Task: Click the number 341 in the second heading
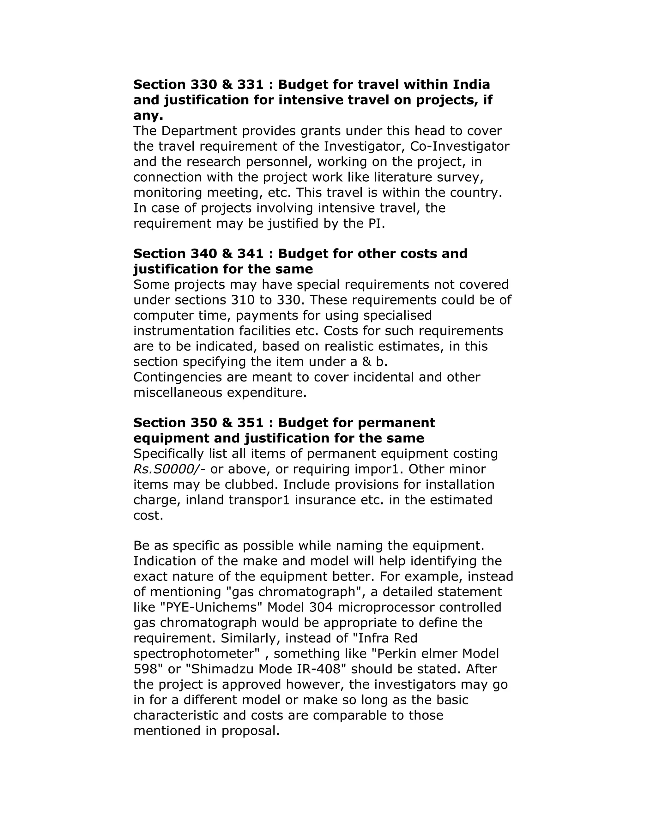251,254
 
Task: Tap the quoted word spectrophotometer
197,654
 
